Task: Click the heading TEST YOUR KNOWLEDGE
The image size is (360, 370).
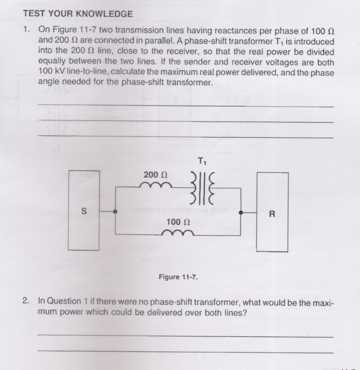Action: pos(78,14)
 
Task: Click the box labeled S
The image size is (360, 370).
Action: pos(84,211)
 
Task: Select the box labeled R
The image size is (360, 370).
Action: pos(272,213)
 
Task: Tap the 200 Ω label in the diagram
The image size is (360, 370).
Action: pos(156,175)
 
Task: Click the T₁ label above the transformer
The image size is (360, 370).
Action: pos(201,162)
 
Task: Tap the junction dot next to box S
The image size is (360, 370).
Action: pos(115,212)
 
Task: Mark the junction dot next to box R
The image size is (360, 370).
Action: pos(241,213)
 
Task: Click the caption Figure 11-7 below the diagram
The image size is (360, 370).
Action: pos(178,277)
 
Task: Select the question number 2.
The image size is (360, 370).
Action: pos(26,302)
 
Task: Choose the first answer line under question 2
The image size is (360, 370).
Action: pos(185,336)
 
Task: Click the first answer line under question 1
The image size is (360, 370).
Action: pos(185,106)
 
